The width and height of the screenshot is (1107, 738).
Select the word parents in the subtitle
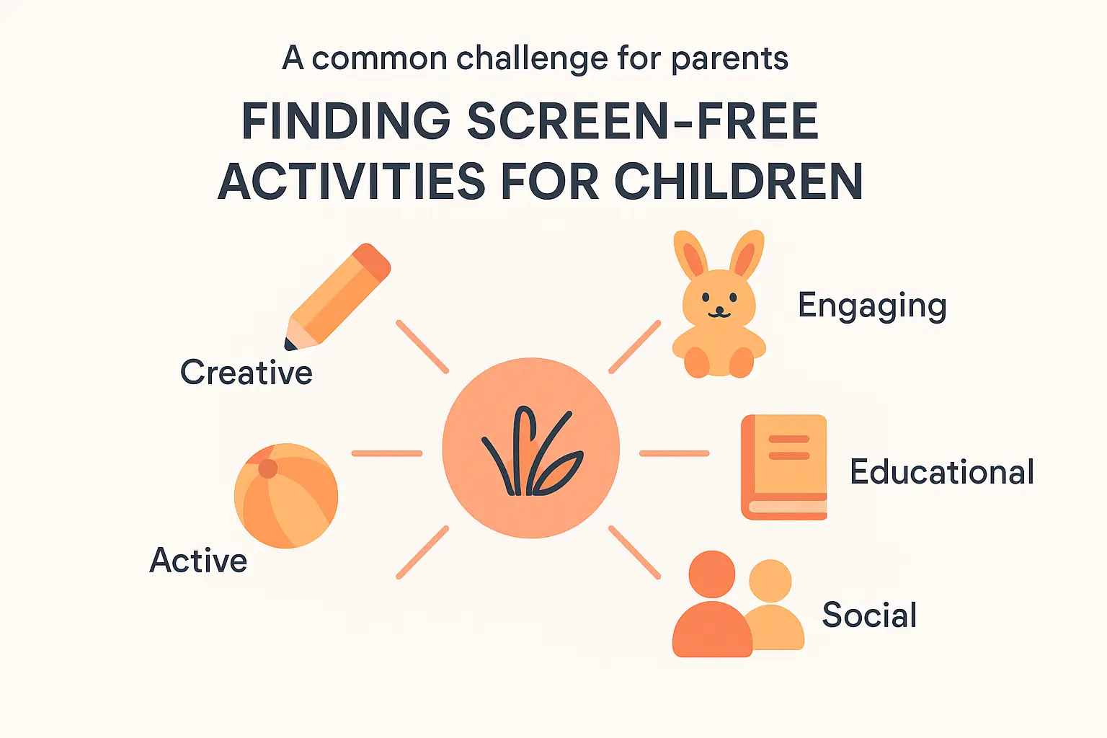click(729, 59)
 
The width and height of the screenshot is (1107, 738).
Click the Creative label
click(246, 373)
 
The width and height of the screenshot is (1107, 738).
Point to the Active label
click(198, 561)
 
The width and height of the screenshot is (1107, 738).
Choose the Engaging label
click(871, 306)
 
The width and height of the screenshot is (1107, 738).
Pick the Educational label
click(941, 472)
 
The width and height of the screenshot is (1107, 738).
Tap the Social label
click(869, 615)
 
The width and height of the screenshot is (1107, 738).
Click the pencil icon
click(339, 295)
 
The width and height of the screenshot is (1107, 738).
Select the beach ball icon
click(286, 496)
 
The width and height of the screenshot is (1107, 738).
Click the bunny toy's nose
click(719, 308)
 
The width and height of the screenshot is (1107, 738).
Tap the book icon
click(784, 467)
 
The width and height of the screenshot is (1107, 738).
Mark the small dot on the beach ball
click(268, 468)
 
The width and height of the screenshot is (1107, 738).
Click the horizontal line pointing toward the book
click(675, 453)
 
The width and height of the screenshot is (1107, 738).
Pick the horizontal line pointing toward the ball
click(387, 453)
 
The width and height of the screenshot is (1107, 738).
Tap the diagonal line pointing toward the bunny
click(634, 347)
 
